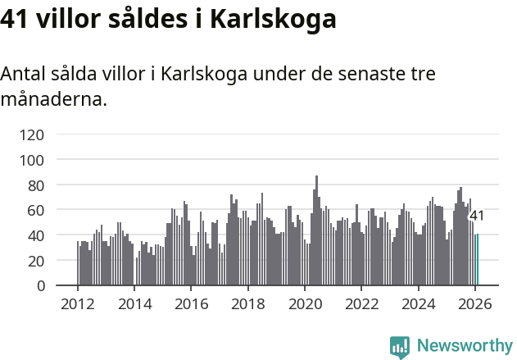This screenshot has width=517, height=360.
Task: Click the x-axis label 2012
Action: coord(78,304)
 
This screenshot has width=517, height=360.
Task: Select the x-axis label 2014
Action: coord(134,304)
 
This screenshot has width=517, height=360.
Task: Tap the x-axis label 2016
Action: coord(191,304)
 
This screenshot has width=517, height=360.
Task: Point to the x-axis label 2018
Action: coord(247,304)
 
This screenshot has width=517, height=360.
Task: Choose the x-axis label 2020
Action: coord(305,304)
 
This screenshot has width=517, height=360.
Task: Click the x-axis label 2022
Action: coord(361,304)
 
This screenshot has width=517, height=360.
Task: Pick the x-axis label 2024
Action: coord(418,304)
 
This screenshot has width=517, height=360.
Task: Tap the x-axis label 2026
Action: coord(474,304)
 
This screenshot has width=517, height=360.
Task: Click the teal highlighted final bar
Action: coord(477,260)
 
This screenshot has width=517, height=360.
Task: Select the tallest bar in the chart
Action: coord(316,230)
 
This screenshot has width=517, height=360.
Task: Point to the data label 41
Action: coord(476,216)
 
